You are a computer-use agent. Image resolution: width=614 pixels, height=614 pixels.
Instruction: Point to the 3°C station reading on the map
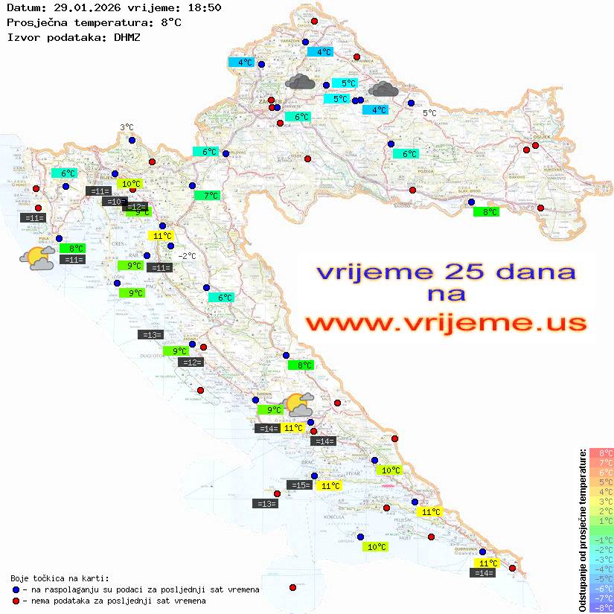click(127, 127)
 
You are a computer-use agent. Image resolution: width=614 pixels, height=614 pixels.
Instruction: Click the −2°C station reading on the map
click(187, 255)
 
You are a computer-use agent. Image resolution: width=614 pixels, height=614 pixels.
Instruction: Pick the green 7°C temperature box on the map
click(211, 196)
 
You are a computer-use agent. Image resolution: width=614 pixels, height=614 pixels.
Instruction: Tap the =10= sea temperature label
click(115, 202)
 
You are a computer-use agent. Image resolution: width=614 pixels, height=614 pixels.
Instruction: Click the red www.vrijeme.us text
click(445, 323)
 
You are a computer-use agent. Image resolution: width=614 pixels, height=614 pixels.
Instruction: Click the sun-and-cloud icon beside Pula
click(37, 258)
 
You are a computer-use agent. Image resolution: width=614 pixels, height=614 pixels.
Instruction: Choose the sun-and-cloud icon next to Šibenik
click(299, 405)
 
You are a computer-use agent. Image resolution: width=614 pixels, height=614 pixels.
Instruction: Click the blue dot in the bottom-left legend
click(16, 589)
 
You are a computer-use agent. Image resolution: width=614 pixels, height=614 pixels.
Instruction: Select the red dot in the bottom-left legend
click(16, 601)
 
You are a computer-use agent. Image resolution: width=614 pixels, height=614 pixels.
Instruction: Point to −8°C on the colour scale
click(601, 608)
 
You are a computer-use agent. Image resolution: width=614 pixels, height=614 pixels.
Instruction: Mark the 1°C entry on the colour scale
click(601, 521)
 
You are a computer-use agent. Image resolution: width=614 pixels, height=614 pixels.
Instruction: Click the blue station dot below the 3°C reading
click(132, 140)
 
